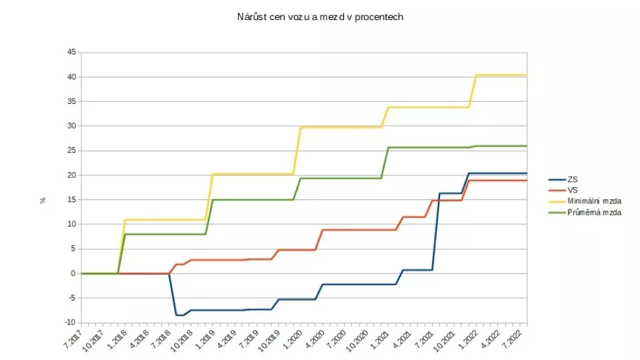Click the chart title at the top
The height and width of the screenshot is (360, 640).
[x=320, y=17]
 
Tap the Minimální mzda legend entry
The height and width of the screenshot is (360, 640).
[x=593, y=201]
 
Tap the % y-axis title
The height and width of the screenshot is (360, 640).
[x=43, y=199]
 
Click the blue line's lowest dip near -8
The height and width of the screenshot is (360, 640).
[x=179, y=315]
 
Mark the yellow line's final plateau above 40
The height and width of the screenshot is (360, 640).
[x=500, y=75]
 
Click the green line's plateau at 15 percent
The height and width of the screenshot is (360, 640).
[x=253, y=199]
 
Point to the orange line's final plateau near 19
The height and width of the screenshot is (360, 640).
[x=500, y=181]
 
